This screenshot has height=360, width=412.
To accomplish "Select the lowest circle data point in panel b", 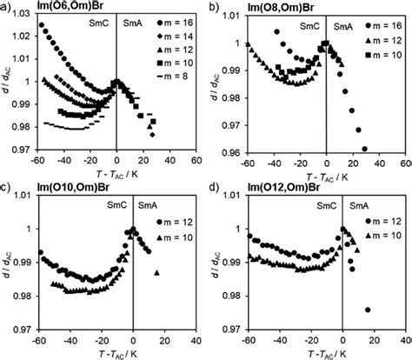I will click(363, 149).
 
